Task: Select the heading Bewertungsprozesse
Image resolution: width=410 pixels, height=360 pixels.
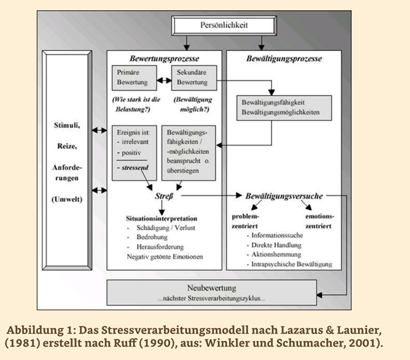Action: pos(164,58)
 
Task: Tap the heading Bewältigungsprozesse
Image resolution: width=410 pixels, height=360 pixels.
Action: pos(284,58)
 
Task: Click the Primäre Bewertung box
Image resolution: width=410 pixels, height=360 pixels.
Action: pos(133,78)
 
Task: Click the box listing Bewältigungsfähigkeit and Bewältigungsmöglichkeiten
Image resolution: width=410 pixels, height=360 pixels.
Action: pos(280,107)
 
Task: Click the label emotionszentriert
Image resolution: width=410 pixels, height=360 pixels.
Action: pos(320,221)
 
